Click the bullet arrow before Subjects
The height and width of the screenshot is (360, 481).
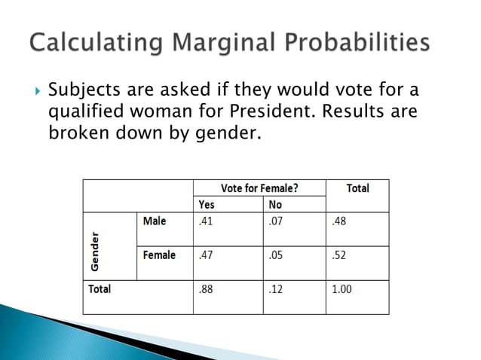[x=38, y=93]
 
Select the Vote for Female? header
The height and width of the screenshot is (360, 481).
[x=259, y=188]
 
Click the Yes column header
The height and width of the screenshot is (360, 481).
[x=206, y=204]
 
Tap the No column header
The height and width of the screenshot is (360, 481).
[x=275, y=204]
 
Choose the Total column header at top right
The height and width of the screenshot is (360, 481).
[x=357, y=188]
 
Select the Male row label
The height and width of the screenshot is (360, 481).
[x=154, y=221]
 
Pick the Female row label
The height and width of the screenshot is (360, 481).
[x=158, y=255]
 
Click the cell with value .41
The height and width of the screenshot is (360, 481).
[x=205, y=221]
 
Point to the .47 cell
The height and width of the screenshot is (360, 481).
[x=205, y=255]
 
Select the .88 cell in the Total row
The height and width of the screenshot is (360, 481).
[x=205, y=289]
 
